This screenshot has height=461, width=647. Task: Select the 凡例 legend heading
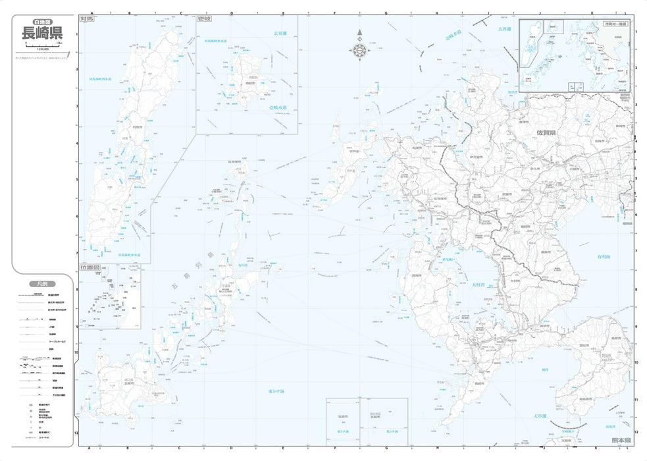(39, 284)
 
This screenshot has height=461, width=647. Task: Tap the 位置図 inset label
(90, 268)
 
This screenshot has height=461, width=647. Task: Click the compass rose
(359, 47)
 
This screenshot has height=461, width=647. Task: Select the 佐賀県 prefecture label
(546, 132)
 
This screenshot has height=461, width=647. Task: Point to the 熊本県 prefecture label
(620, 439)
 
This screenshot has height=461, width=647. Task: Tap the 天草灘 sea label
(540, 416)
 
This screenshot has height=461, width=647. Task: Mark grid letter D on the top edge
(232, 12)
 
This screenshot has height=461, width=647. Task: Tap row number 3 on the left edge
(77, 106)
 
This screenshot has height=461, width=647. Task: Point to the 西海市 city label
(415, 275)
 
